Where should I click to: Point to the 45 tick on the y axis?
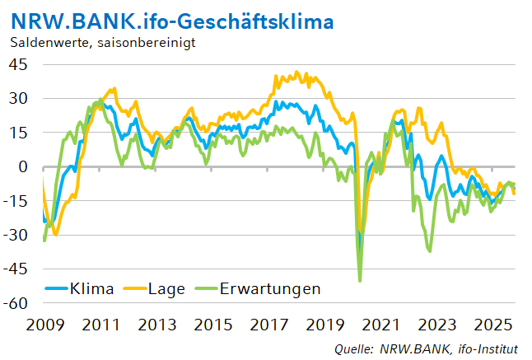click(x=19, y=64)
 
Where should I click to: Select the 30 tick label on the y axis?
click(x=19, y=98)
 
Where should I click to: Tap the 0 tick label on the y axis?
click(x=23, y=166)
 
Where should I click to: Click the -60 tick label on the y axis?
click(x=16, y=303)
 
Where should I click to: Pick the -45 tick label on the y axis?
click(x=16, y=269)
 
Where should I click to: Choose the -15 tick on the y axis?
click(x=16, y=200)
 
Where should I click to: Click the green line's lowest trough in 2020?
click(x=360, y=281)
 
